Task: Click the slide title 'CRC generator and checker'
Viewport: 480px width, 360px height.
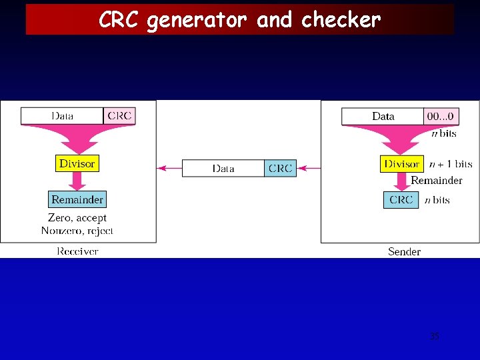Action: pos(239,20)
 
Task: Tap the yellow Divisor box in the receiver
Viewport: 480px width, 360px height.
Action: pos(77,163)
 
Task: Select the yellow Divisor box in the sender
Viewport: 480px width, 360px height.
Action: pos(401,164)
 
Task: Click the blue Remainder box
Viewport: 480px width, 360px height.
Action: pos(77,199)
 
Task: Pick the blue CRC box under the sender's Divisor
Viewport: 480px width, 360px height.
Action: pos(401,199)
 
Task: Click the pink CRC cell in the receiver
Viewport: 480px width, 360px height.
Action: pos(119,116)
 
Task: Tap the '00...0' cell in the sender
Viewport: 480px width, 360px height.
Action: pos(441,117)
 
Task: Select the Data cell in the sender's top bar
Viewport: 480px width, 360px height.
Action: pos(383,117)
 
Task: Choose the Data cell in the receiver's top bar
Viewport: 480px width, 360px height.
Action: pos(63,116)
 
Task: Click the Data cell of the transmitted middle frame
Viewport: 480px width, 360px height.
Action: pos(223,169)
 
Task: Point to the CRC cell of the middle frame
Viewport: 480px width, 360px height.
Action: pos(280,169)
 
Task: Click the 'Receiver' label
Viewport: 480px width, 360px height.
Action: pos(77,251)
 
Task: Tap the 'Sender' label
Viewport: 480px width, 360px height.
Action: pos(404,251)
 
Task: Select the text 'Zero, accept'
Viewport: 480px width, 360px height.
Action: pos(77,218)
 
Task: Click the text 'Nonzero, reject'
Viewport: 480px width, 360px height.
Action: pos(77,231)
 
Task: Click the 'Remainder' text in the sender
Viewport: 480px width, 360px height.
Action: pos(436,181)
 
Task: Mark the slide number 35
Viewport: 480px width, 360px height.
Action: pos(435,337)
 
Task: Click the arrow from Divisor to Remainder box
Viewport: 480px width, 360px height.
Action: pos(77,181)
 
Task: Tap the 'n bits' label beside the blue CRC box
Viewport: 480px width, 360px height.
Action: pos(437,199)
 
